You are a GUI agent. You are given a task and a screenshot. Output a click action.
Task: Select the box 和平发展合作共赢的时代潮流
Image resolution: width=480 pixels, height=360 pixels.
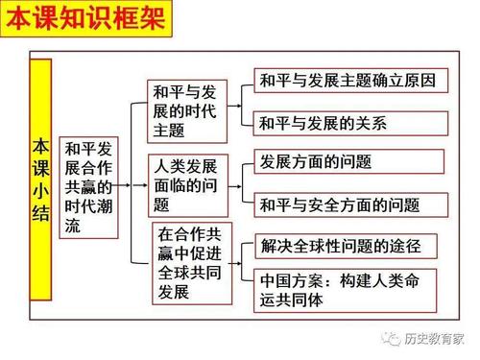click(x=88, y=186)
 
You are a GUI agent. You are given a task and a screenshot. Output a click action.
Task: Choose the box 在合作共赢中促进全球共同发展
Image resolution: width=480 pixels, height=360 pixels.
click(x=192, y=261)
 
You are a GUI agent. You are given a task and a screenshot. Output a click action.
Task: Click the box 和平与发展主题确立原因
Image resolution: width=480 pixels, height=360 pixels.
click(x=352, y=81)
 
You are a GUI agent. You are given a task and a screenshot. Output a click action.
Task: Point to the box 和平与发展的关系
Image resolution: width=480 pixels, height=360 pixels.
click(x=352, y=123)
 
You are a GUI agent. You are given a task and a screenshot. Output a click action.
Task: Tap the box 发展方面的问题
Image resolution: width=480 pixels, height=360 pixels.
click(x=352, y=161)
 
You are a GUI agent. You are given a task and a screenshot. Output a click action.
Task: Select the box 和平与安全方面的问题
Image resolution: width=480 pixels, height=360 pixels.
click(x=352, y=204)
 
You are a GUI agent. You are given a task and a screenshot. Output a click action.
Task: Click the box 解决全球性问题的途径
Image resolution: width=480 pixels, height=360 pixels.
click(x=352, y=245)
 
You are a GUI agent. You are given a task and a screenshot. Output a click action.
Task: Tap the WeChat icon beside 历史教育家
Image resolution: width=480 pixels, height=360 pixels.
click(x=393, y=339)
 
